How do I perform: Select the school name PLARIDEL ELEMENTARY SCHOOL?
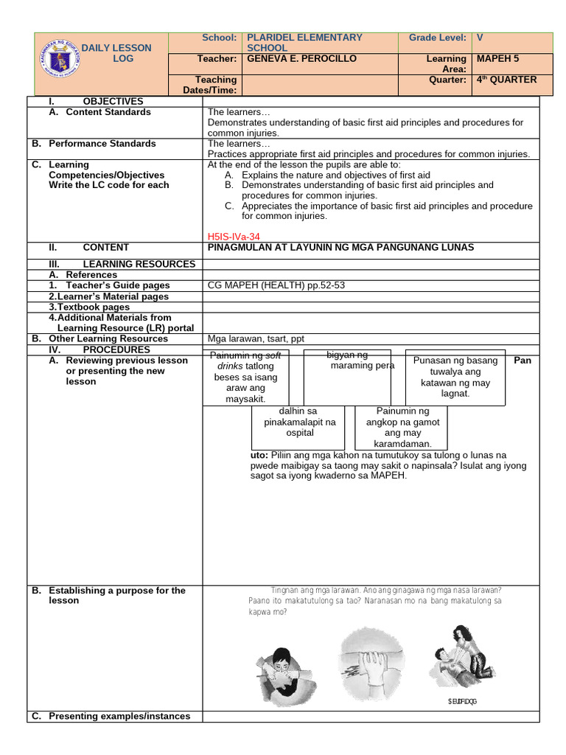tap(304, 42)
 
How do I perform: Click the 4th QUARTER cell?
tap(507, 80)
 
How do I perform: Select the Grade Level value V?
tap(481, 38)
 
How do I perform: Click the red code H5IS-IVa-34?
tap(234, 236)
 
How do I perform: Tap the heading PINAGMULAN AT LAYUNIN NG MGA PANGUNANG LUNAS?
tap(341, 248)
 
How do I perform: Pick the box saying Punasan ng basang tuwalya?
tap(455, 377)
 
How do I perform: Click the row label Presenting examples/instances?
tap(119, 716)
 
